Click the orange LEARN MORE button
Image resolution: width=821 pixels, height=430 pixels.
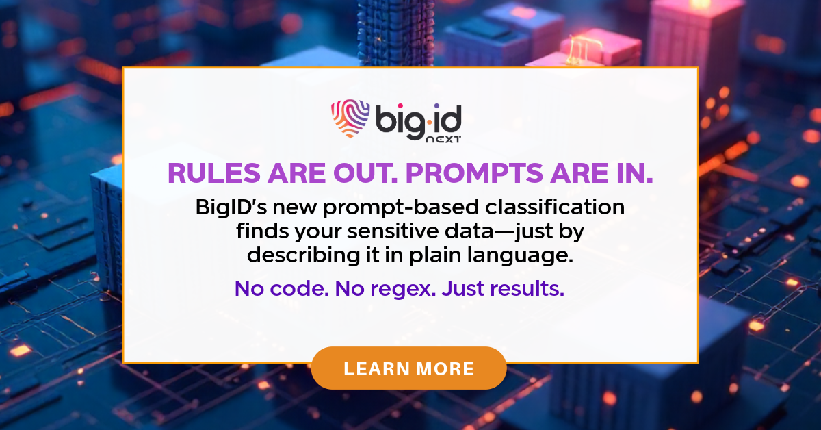click(x=408, y=368)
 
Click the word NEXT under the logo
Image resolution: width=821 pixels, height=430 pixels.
click(x=441, y=138)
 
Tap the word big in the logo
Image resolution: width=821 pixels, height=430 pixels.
click(x=400, y=121)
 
